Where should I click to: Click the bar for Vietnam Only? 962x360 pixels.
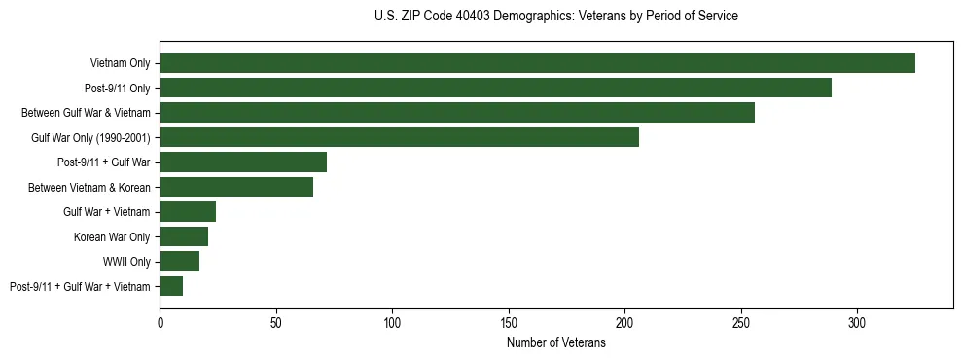[537, 63]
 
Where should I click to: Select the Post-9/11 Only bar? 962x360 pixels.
[495, 88]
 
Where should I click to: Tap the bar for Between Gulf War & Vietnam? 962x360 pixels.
[457, 113]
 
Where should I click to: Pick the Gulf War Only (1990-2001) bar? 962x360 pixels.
[399, 137]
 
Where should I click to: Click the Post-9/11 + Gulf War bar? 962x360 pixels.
[243, 162]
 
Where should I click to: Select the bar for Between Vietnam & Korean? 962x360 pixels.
[236, 187]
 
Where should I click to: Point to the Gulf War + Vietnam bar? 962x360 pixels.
[188, 212]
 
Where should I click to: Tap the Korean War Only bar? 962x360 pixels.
[184, 236]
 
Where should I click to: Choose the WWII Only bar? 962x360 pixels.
[180, 262]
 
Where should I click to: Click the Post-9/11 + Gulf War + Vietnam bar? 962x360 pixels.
[171, 286]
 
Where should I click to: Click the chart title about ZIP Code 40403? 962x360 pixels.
[555, 17]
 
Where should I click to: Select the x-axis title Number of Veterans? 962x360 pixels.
[555, 343]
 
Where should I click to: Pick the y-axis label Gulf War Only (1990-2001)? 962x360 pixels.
[90, 137]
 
